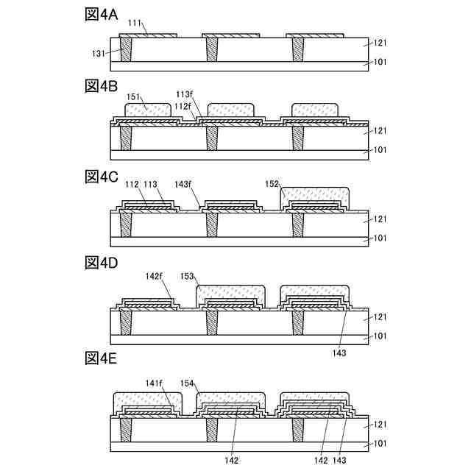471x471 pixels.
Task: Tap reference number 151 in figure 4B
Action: coord(135,96)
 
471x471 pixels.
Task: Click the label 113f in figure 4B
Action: coord(185,95)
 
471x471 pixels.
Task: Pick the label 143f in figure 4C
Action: coord(184,185)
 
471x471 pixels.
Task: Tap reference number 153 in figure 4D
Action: coord(187,277)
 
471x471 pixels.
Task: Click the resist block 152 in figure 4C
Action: coord(315,196)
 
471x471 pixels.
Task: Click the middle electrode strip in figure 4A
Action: coord(230,35)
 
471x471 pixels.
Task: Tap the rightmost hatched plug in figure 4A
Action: coord(298,49)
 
